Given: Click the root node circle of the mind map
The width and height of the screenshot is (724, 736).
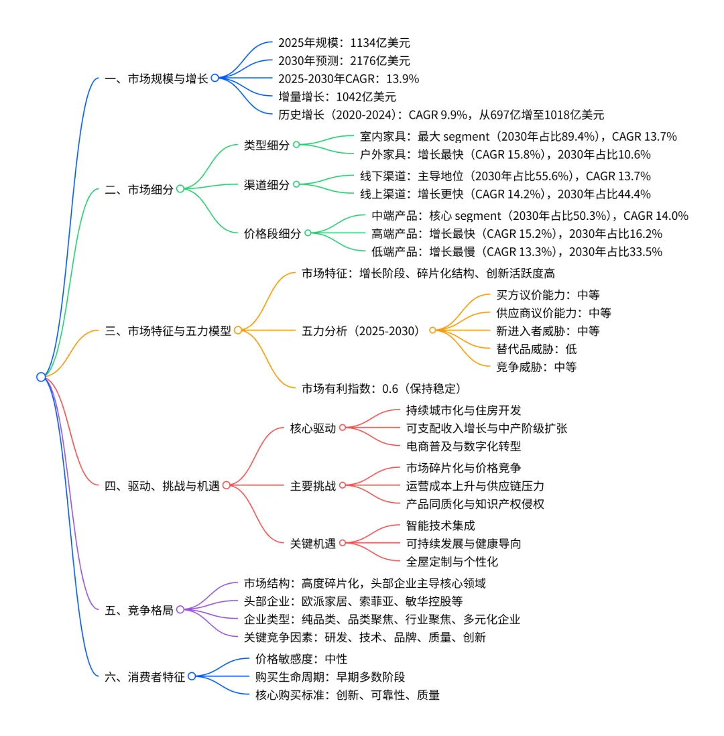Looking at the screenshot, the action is coord(41,377).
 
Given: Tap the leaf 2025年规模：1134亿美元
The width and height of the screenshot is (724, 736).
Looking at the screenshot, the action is coord(344,43).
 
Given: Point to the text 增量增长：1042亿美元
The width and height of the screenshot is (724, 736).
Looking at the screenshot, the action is coord(337,97).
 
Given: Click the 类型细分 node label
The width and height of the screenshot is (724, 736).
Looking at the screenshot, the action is coord(266,145).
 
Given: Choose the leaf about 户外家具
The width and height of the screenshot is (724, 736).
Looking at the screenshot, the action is coord(505,154).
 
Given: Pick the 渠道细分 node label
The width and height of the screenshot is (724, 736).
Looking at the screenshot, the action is coord(266,184).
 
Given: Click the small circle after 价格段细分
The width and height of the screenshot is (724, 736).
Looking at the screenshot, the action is coord(308,233).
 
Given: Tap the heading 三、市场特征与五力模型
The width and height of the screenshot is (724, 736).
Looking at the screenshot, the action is coord(168,330).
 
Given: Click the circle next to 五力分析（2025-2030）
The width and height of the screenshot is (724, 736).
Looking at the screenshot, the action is coord(432,330).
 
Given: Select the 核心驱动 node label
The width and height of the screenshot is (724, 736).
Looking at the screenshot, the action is coord(312,428).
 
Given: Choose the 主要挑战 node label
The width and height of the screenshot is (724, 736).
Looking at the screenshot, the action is coord(312,485).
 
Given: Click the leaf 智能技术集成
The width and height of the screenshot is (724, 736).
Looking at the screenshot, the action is coord(440,526).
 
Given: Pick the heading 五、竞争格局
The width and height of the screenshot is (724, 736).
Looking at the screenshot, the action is coord(139,610).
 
